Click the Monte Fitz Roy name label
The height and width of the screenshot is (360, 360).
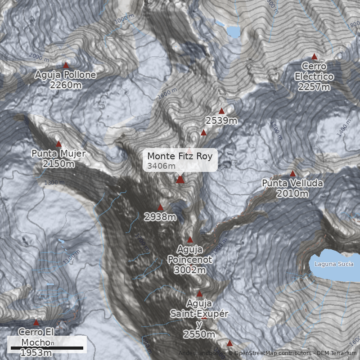(180, 156)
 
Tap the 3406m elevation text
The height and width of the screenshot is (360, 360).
(161, 166)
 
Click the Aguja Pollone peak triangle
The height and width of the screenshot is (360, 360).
(66, 65)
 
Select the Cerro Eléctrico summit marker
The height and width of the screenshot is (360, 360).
(315, 57)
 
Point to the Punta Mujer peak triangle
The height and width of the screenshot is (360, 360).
(58, 144)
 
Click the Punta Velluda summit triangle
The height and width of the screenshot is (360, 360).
(293, 173)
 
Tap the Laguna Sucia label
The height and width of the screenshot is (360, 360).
(334, 264)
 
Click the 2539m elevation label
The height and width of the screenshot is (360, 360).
(221, 121)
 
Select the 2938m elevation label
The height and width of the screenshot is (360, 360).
(160, 217)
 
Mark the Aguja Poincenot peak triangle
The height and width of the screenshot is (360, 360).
(190, 239)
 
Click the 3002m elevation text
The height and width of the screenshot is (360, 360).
(189, 270)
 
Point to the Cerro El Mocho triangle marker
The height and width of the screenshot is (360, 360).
(36, 322)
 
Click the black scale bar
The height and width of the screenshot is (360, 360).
(47, 348)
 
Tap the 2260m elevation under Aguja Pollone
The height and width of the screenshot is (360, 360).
(66, 85)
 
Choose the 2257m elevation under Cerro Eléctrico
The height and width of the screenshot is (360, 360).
(314, 87)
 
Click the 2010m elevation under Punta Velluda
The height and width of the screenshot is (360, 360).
(292, 193)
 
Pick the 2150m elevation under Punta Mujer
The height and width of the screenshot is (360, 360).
(58, 164)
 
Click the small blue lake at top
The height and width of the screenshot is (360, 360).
(234, 31)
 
